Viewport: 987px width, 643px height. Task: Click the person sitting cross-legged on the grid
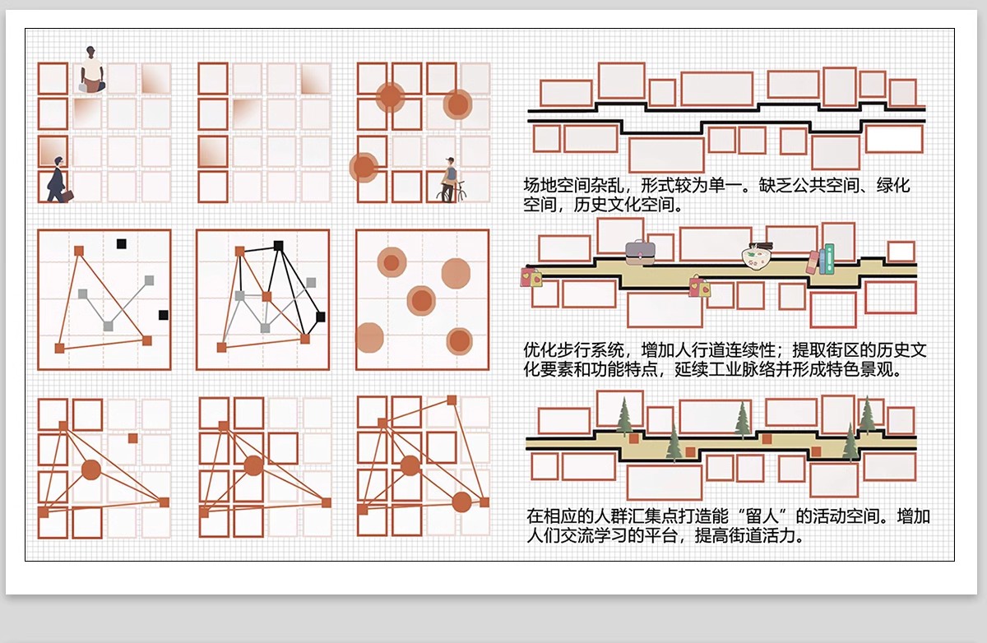click(92, 69)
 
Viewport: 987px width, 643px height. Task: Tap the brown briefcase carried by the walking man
click(67, 196)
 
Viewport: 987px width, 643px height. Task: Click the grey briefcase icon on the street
click(640, 252)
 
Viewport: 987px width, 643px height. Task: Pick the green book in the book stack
click(828, 258)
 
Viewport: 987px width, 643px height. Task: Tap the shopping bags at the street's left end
click(531, 276)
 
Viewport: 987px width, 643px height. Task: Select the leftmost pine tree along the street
click(624, 415)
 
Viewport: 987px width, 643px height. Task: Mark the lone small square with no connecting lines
click(133, 438)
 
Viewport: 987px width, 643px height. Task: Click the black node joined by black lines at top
click(279, 245)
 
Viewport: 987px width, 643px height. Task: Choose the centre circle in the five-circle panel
click(421, 301)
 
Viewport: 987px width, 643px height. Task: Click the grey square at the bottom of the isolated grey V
click(108, 326)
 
